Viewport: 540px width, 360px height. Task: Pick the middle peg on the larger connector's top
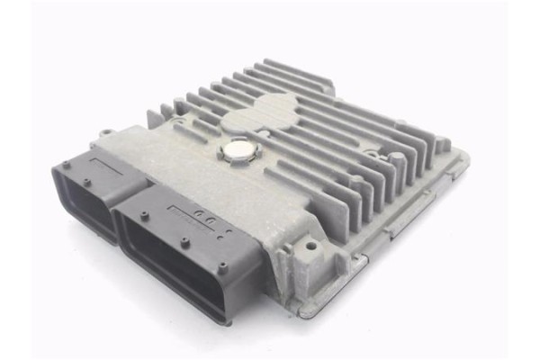184,241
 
